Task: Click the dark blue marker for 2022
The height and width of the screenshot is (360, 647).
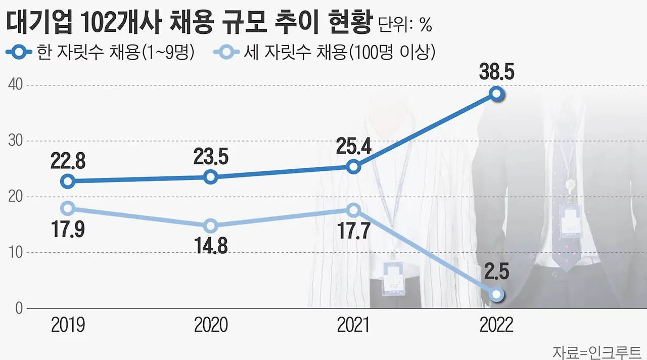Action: pos(497,94)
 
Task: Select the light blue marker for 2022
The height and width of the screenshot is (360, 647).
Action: pos(497,294)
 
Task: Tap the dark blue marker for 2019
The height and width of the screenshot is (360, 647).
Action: pos(68,181)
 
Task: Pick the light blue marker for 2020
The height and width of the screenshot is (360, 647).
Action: pos(211,226)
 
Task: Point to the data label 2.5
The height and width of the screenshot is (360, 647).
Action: pos(497,273)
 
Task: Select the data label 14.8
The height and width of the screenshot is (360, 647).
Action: pos(211,247)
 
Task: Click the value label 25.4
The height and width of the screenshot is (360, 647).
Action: pos(354,147)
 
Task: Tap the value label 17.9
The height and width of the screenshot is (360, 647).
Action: pos(68,230)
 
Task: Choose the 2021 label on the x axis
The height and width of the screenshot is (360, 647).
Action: pos(354,325)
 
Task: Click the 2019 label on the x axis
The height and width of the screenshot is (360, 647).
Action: pos(68,325)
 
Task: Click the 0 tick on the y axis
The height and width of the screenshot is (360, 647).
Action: pos(18,307)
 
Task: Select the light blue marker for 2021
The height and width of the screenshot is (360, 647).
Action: pos(354,209)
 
